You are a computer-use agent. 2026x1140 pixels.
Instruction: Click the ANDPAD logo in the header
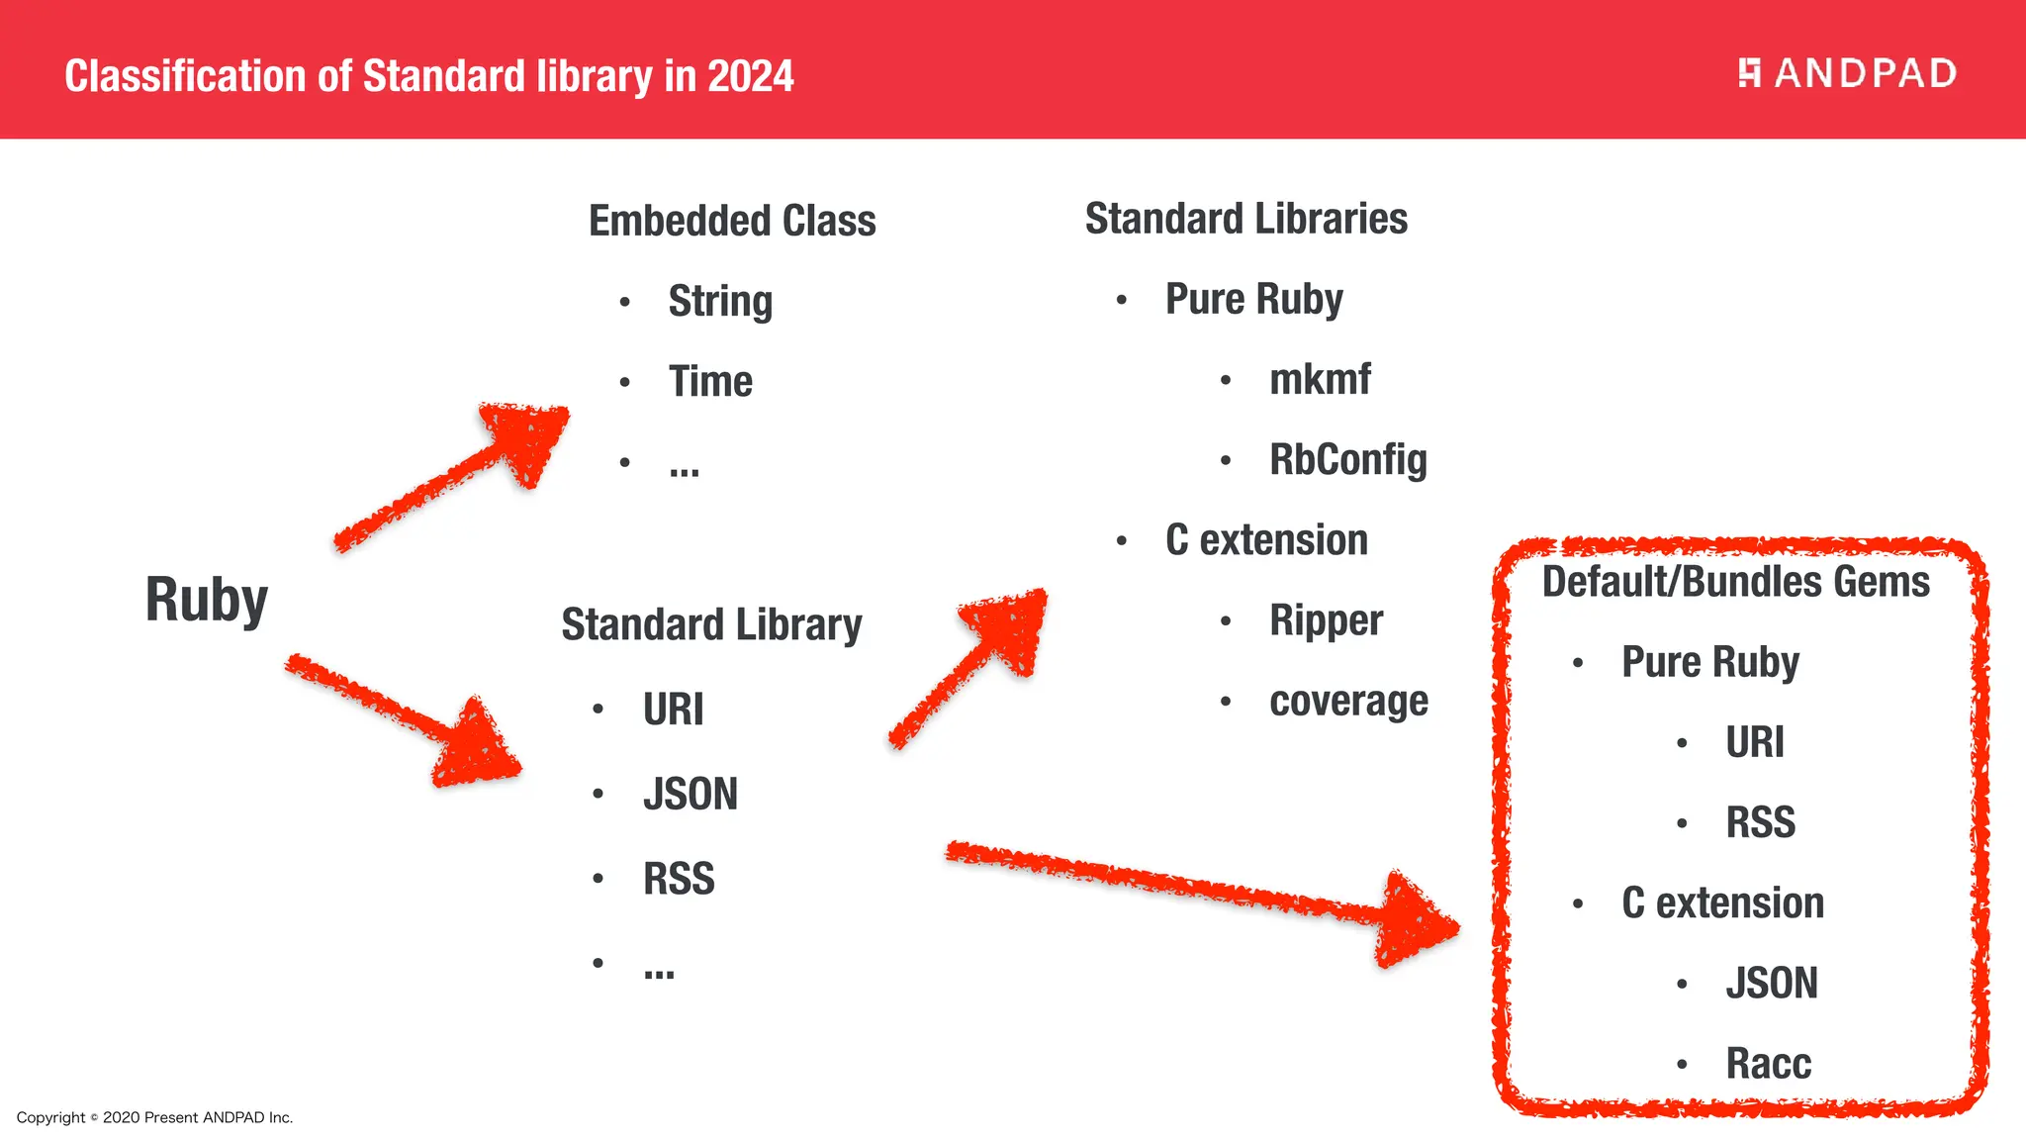click(1847, 73)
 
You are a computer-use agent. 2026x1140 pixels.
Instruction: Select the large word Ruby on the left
click(206, 600)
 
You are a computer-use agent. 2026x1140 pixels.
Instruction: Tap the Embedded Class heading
click(732, 221)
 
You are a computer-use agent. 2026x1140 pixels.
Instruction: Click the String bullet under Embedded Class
click(719, 301)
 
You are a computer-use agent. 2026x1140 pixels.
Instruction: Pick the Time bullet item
click(709, 382)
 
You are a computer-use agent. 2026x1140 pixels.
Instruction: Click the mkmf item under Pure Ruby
click(1320, 379)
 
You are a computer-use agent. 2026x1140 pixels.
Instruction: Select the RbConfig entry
click(1347, 460)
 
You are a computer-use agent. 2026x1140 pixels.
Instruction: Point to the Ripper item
click(1326, 620)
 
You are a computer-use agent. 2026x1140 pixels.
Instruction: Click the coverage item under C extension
click(1348, 701)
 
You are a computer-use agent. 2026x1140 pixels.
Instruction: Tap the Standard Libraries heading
click(1245, 219)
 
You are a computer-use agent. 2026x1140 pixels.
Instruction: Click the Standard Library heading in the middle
click(711, 625)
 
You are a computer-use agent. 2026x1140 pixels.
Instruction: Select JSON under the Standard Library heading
click(690, 795)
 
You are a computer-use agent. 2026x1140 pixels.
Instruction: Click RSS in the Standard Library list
click(679, 879)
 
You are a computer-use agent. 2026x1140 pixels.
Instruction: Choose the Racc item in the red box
click(1768, 1064)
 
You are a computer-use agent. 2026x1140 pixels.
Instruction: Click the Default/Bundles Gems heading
click(1735, 582)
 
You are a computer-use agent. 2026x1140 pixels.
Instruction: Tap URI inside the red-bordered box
click(1754, 742)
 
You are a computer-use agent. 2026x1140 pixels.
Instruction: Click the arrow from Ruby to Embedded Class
click(455, 475)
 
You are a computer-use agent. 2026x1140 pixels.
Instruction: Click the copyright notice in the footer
click(154, 1117)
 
